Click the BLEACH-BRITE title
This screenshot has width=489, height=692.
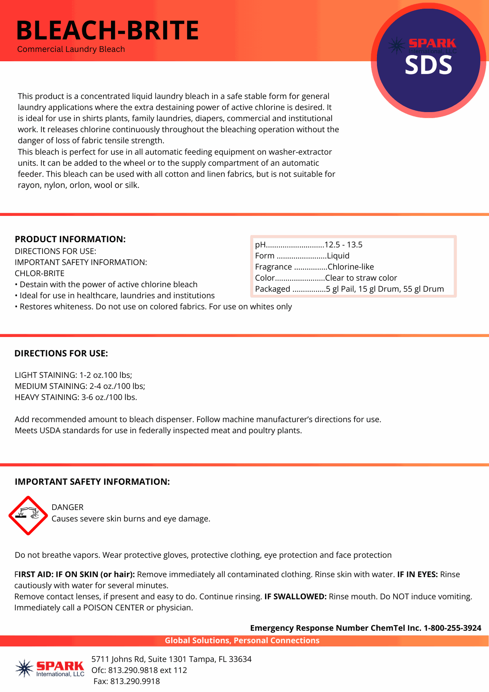click(107, 30)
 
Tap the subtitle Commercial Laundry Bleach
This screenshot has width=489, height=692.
click(71, 49)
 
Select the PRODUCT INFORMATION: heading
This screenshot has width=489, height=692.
click(70, 239)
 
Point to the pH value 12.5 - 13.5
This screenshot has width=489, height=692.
click(343, 245)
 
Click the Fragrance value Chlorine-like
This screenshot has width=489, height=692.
click(351, 267)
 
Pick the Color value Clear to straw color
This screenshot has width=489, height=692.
click(361, 278)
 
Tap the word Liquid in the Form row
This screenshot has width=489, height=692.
click(338, 256)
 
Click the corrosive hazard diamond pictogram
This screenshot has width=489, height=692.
click(28, 516)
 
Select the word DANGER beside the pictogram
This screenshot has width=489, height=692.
click(67, 507)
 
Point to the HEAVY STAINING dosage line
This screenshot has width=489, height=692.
click(76, 398)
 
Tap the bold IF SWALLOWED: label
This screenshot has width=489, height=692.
click(295, 596)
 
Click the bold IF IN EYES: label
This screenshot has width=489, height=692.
click(417, 575)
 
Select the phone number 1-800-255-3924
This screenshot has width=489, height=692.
click(452, 628)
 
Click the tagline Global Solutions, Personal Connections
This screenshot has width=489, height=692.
click(242, 640)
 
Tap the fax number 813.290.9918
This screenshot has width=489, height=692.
click(135, 681)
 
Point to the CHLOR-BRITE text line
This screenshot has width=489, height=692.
click(40, 274)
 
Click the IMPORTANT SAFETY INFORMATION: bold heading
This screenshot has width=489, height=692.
click(92, 482)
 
